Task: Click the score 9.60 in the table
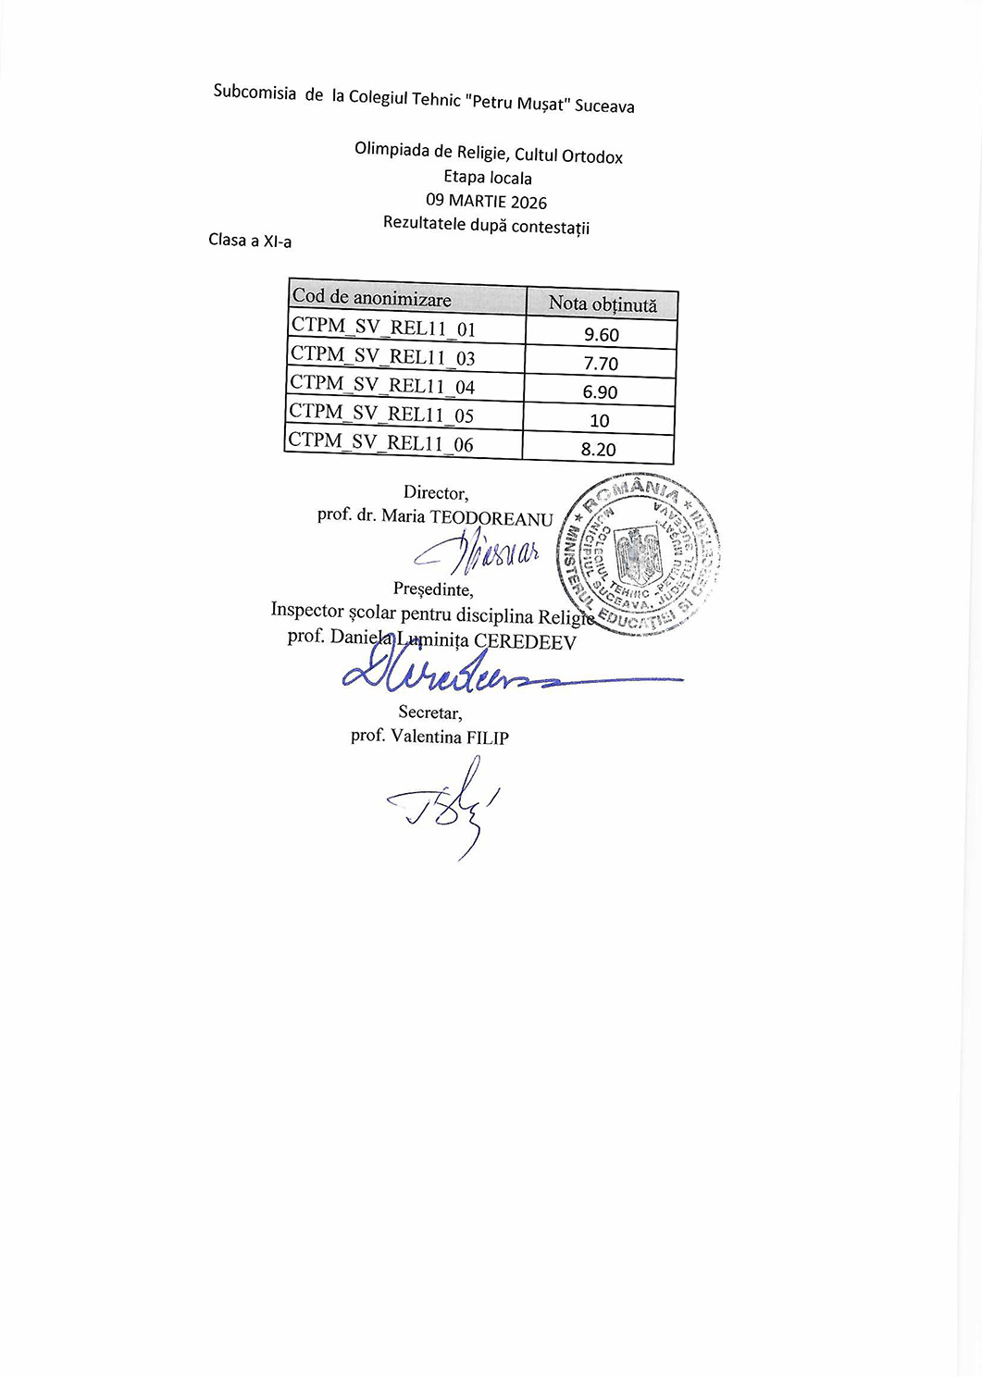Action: click(x=602, y=335)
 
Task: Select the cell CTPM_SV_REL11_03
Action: click(x=383, y=356)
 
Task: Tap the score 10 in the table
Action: click(x=600, y=421)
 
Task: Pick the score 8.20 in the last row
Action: click(x=599, y=450)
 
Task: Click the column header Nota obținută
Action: click(x=603, y=304)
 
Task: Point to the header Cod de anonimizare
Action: click(x=372, y=298)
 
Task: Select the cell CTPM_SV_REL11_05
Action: click(x=381, y=414)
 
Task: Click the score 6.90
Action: click(x=600, y=392)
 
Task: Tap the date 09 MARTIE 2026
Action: click(x=486, y=201)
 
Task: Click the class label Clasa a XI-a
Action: click(x=250, y=241)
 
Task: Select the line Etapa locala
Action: click(x=488, y=177)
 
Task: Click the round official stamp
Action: click(x=638, y=555)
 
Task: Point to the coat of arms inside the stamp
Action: click(x=638, y=555)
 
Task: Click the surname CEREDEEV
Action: click(x=525, y=642)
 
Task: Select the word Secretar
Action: click(x=429, y=713)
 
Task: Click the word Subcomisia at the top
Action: click(x=255, y=92)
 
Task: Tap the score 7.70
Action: click(x=601, y=364)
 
